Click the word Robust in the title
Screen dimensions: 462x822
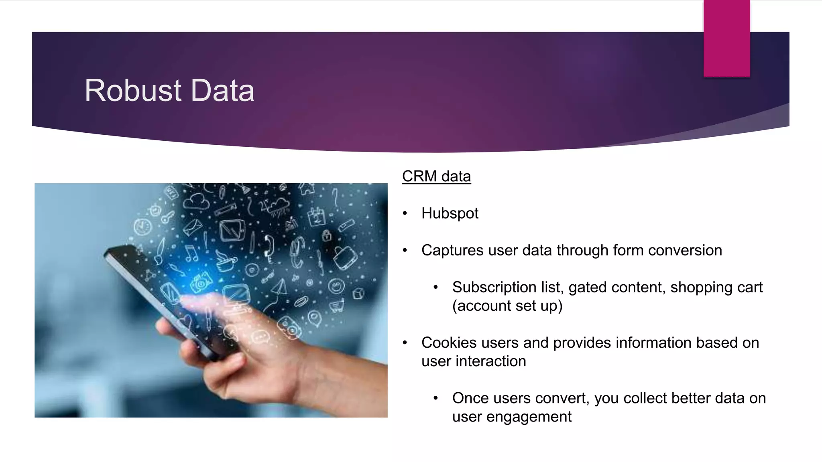point(133,91)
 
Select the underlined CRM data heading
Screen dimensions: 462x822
point(436,176)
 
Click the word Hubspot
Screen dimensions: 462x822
point(450,213)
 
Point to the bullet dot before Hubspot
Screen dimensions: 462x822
point(405,213)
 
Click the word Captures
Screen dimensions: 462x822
point(452,250)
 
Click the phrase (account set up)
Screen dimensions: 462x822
point(507,306)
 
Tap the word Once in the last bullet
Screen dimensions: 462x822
point(470,398)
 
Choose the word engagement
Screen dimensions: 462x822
point(529,417)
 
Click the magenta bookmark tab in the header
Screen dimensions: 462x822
point(726,38)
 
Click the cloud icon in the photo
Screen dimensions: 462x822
point(197,201)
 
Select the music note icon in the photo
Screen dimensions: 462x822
point(191,254)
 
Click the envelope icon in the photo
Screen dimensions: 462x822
point(193,227)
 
